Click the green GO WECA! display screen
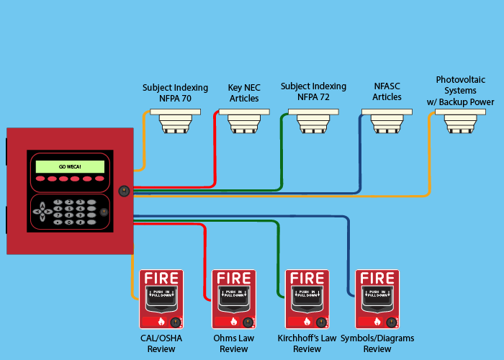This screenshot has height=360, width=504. point(70,166)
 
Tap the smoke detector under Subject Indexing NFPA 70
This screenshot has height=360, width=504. point(175,121)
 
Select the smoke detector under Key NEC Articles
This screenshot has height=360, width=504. point(243,121)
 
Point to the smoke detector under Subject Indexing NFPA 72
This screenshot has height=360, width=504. point(312,121)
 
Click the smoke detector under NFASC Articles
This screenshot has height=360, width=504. point(387,121)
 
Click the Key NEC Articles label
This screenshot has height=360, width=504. point(243,93)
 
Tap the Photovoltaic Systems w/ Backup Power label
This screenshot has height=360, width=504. point(465,91)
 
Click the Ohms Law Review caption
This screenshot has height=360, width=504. point(233,343)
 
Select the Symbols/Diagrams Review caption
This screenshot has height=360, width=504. point(377,343)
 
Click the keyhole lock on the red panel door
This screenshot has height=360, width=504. point(124,192)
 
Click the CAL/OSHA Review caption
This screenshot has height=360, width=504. point(161,343)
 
